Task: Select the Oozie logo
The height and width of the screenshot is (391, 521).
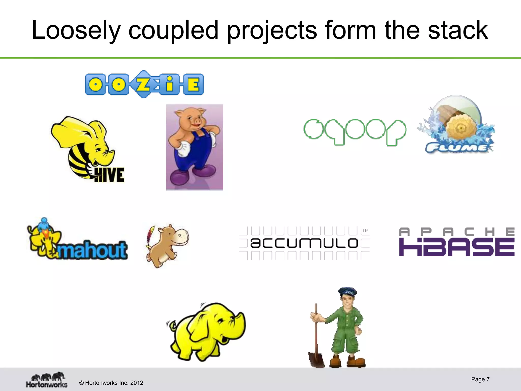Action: click(144, 84)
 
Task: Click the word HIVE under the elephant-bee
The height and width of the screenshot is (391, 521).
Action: click(109, 175)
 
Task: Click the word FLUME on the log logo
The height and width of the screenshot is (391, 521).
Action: click(457, 148)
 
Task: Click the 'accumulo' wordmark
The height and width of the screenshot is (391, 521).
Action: click(304, 243)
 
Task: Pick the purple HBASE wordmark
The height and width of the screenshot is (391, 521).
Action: click(457, 247)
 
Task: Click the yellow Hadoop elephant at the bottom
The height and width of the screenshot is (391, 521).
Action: click(206, 331)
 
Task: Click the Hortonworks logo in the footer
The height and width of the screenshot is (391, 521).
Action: click(47, 380)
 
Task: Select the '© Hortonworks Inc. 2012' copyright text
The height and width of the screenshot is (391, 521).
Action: click(111, 383)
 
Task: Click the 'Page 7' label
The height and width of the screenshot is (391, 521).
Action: click(480, 379)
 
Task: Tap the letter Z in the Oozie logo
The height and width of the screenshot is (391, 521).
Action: click(143, 84)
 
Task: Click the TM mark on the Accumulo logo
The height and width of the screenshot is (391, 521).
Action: click(365, 231)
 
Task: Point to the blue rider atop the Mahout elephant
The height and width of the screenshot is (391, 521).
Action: click(44, 224)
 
